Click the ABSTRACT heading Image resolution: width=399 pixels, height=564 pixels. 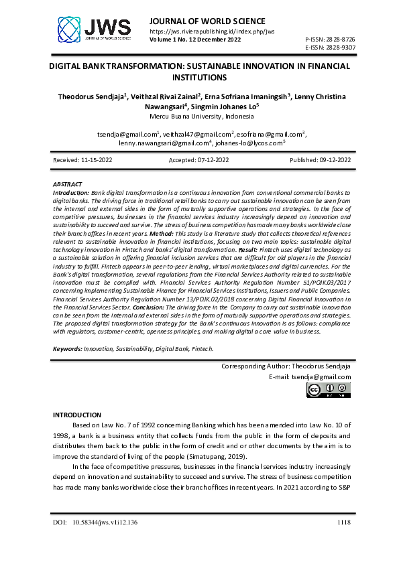pos(67,184)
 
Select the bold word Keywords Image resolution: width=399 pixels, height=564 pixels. pos(67,349)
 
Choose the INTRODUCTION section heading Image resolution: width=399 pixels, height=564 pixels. pos(76,415)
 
